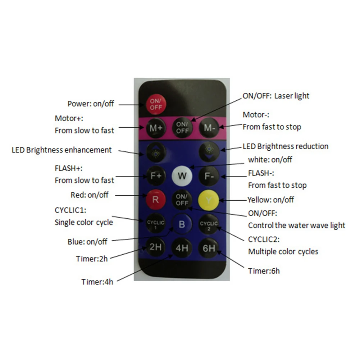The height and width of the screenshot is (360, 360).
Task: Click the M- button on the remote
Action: [209, 127]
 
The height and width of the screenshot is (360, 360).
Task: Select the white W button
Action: [182, 176]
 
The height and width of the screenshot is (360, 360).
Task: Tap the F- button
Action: [209, 176]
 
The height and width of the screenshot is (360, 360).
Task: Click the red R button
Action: [156, 199]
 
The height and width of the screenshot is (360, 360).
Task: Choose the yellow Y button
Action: [209, 199]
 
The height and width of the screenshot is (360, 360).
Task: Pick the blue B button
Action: [182, 225]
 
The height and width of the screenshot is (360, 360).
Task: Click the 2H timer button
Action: [156, 247]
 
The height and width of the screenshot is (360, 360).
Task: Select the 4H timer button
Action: [182, 248]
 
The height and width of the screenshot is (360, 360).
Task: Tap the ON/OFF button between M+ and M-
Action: [182, 128]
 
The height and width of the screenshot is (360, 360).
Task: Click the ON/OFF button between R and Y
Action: [182, 199]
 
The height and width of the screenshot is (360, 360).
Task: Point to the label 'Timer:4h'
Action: [97, 282]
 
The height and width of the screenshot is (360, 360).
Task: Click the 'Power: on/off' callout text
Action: [91, 104]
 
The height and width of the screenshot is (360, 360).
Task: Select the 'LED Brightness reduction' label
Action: [285, 146]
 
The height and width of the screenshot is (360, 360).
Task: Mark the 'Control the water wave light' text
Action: [296, 225]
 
